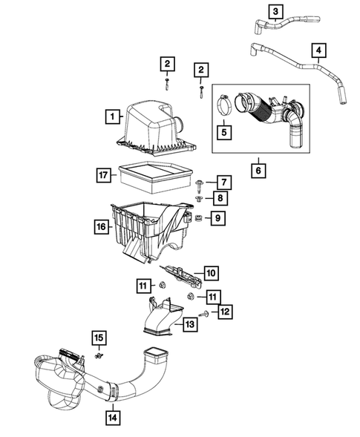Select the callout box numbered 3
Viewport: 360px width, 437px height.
click(x=275, y=11)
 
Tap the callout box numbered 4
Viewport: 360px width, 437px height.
click(x=319, y=51)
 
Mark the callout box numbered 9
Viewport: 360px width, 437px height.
click(x=217, y=217)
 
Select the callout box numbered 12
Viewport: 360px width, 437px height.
click(x=223, y=312)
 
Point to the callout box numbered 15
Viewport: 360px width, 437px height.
click(x=98, y=339)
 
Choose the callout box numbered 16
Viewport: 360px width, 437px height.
click(x=100, y=226)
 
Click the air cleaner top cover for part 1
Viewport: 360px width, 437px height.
click(x=153, y=126)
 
